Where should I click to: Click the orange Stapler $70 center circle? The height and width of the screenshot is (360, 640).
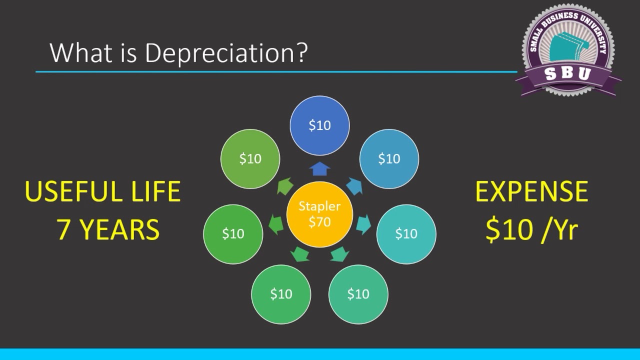(319, 214)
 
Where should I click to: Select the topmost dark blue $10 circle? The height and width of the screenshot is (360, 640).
(319, 125)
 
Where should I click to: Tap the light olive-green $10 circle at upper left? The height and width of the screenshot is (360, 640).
(250, 159)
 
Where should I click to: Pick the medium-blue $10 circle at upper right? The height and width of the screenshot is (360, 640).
(389, 159)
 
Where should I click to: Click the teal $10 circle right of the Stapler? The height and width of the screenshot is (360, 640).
(406, 233)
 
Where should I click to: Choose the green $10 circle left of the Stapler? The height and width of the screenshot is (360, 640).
(233, 233)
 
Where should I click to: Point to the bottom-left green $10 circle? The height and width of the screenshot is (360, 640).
(281, 294)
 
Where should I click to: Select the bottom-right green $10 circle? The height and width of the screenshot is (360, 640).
(358, 294)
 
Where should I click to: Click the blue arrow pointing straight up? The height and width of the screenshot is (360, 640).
(319, 169)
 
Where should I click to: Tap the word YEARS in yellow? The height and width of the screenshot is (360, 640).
(120, 229)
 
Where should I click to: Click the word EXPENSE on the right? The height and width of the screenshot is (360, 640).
(531, 192)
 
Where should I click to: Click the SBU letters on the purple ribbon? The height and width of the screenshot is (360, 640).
(567, 74)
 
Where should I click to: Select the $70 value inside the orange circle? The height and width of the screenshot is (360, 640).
(319, 222)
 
